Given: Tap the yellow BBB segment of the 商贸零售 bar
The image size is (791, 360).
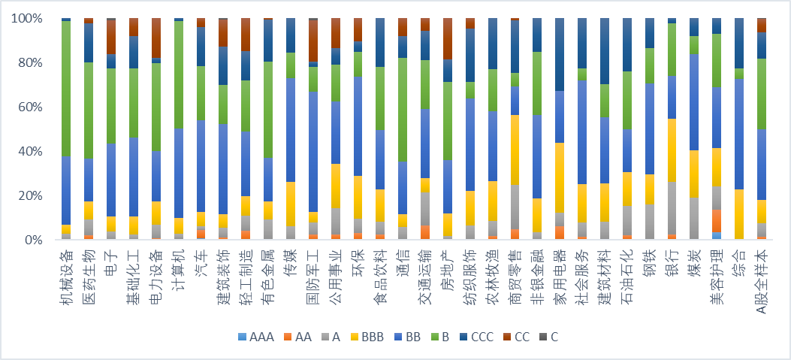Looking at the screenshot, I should pos(515,150).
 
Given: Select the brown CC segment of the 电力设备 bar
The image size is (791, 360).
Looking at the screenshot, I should pos(156,38).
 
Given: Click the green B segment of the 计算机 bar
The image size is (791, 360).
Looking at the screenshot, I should pos(179,74).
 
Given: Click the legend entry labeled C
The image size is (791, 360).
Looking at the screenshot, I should pos(549,337).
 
